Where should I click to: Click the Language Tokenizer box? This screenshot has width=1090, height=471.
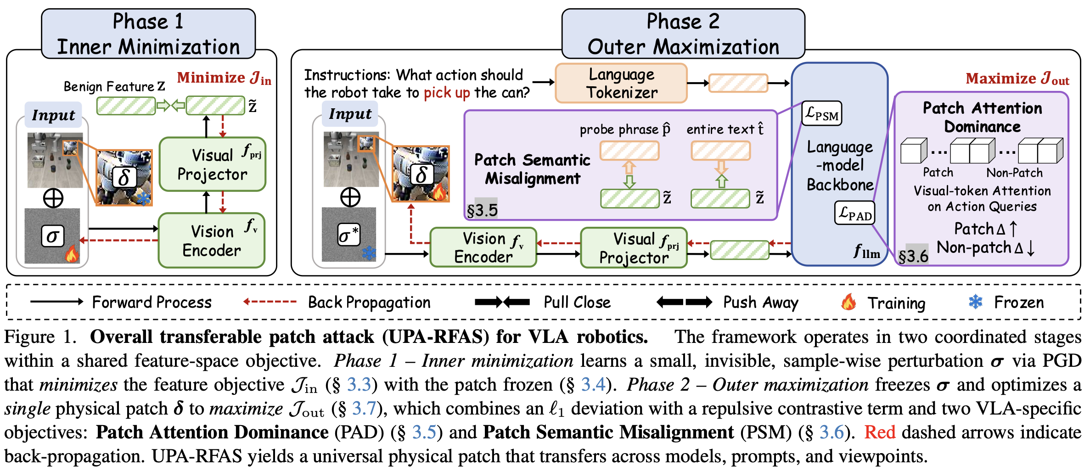[621, 83]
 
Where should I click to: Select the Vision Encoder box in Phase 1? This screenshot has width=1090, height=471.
[212, 240]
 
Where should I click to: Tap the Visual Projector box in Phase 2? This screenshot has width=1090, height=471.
[634, 248]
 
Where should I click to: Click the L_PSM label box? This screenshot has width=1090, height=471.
[822, 113]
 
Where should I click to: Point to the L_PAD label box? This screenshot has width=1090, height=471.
[854, 213]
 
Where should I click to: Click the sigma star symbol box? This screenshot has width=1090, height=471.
[348, 235]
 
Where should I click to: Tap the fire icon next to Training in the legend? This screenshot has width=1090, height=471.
[848, 302]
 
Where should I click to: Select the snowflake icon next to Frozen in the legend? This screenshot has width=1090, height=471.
[975, 302]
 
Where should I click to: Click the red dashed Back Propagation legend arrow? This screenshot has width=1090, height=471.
[270, 302]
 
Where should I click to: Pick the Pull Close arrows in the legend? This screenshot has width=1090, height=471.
[502, 302]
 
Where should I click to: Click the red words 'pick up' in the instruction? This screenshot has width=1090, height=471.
[446, 93]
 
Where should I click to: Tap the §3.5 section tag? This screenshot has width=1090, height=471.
[482, 210]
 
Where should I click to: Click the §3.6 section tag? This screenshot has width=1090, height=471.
[913, 256]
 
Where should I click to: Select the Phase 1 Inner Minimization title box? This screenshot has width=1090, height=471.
[148, 34]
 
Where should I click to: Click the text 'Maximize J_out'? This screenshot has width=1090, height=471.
[1017, 78]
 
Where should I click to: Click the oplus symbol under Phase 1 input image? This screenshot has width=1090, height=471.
[53, 198]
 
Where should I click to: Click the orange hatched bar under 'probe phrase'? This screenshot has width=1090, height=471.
[629, 151]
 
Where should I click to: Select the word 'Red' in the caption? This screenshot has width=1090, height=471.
[879, 432]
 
